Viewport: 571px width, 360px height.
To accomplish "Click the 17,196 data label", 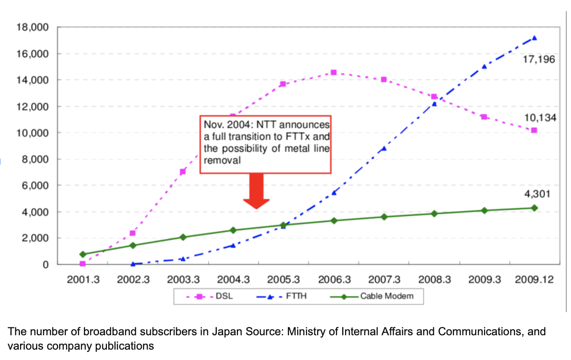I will pos(539,59).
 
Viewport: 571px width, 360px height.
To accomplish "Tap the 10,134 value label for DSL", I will pos(540,118).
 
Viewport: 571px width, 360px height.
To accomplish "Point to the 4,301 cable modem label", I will pos(537,194).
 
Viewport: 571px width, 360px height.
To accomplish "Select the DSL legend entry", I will pos(224,296).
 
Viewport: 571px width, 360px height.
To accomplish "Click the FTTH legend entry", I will pos(296,296).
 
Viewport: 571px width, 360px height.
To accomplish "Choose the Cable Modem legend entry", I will pos(387,296).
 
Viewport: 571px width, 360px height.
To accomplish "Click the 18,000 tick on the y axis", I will pos(32,28).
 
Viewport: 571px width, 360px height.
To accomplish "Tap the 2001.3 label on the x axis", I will pos(83,279).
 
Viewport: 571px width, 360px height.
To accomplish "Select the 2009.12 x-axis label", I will pos(534,279).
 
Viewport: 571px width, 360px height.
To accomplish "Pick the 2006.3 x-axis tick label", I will pos(334,279).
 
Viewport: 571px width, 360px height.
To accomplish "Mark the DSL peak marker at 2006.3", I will pos(334,73).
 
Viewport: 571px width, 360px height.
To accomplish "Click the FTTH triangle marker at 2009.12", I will pos(534,38).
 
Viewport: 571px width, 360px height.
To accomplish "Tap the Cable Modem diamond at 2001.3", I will pos(83,254).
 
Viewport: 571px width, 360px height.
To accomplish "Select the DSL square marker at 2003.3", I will pos(183,172).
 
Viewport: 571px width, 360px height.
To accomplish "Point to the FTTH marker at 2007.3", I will pos(384,148).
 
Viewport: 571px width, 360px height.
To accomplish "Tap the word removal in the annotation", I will pos(222,160).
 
